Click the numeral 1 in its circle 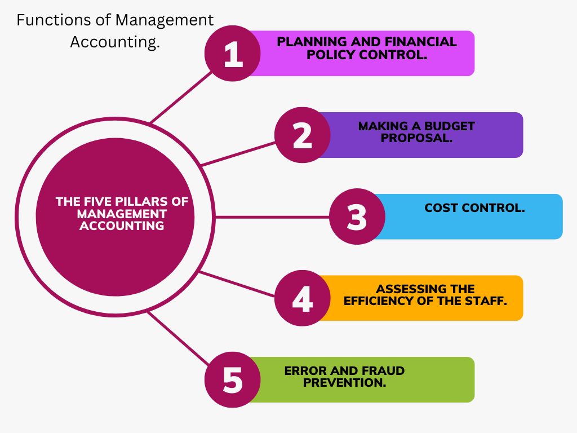[233, 54]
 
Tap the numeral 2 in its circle [303, 135]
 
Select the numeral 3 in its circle [357, 217]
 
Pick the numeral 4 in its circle [303, 299]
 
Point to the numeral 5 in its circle [233, 380]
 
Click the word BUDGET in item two [449, 126]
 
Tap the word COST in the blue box [441, 208]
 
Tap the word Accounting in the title [115, 42]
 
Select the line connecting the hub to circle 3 [272, 217]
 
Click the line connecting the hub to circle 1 [181, 97]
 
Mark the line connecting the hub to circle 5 [179, 338]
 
